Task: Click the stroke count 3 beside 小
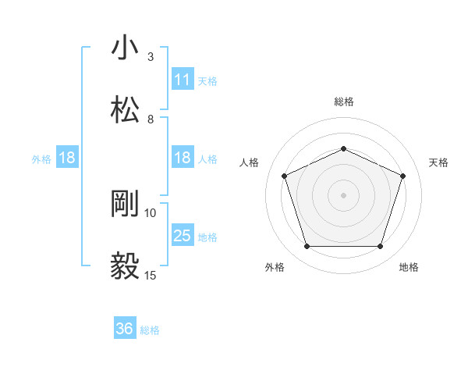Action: click(151, 57)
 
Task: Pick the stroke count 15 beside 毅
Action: click(151, 275)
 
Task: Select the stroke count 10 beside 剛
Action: click(151, 213)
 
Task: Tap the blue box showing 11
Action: click(183, 80)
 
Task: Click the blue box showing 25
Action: click(183, 236)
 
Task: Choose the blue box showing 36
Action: click(125, 329)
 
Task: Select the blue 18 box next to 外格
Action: click(67, 159)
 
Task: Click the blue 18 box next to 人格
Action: click(183, 159)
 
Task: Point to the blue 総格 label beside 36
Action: click(150, 330)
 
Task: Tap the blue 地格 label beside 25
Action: click(207, 237)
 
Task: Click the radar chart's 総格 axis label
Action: click(343, 102)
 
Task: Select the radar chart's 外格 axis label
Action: click(275, 268)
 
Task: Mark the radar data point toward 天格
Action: click(403, 176)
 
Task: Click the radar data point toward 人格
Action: click(284, 176)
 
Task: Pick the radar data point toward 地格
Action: click(380, 247)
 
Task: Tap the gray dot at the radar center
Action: click(343, 194)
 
